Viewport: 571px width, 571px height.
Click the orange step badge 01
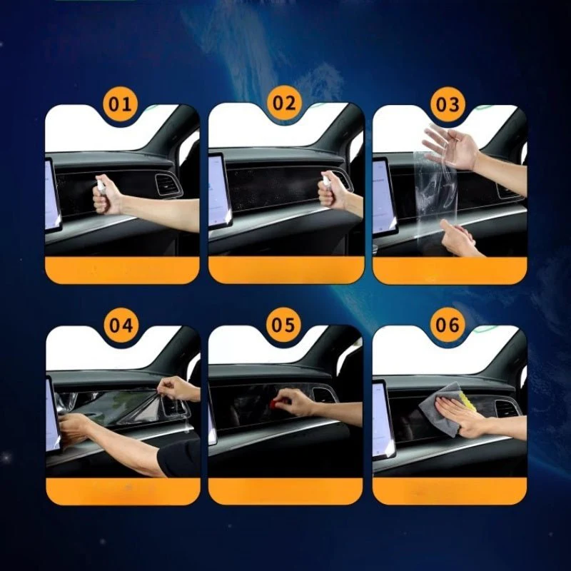pyautogui.click(x=120, y=104)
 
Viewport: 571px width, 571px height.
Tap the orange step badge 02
pyautogui.click(x=284, y=103)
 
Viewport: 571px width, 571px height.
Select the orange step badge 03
pyautogui.click(x=448, y=105)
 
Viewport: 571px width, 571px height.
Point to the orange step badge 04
pyautogui.click(x=121, y=325)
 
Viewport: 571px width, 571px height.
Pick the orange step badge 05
pyautogui.click(x=283, y=324)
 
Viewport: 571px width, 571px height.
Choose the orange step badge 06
pyautogui.click(x=448, y=324)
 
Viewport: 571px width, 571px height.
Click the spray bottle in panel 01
pyautogui.click(x=101, y=183)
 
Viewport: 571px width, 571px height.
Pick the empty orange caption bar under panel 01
pyautogui.click(x=122, y=271)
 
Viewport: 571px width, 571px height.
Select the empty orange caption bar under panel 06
pyautogui.click(x=450, y=491)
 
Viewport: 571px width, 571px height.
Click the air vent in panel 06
pyautogui.click(x=507, y=409)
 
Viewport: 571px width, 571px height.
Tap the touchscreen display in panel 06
pyautogui.click(x=384, y=419)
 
